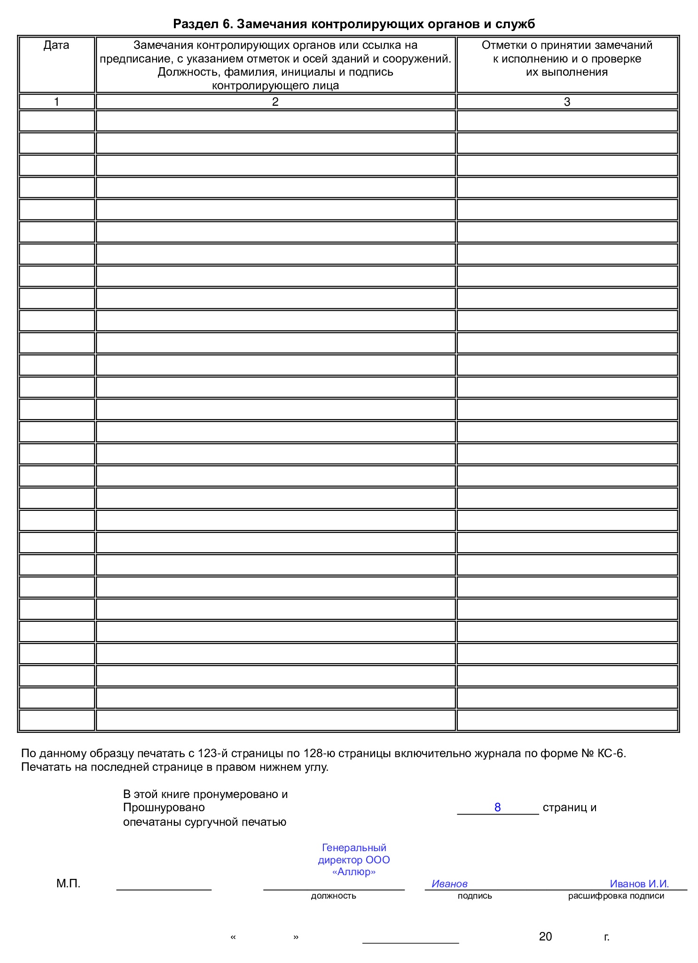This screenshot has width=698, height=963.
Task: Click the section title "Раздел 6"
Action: coord(202,24)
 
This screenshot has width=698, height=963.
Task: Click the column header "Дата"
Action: coord(56,45)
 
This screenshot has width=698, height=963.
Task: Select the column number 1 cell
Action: coord(56,102)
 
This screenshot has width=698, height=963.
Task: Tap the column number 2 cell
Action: coord(275,102)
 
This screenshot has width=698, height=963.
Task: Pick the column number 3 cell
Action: coord(567,102)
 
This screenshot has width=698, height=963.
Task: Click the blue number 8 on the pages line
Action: coord(497,807)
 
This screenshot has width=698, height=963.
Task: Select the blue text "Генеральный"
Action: coord(354,847)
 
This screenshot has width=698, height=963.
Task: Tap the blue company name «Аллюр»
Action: coord(354,872)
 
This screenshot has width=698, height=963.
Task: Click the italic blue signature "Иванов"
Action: coord(449,884)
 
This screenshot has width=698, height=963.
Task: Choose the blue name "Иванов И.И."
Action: coord(639,884)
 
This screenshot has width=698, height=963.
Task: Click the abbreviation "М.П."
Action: coord(69,884)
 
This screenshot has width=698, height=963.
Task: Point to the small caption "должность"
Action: coord(334,896)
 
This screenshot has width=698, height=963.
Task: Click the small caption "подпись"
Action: coord(475,896)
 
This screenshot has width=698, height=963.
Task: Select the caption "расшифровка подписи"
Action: coord(616,896)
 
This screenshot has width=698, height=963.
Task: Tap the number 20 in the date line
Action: coord(545,937)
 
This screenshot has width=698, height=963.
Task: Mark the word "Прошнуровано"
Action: coord(164,807)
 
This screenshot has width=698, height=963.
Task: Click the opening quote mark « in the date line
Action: coord(233,937)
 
